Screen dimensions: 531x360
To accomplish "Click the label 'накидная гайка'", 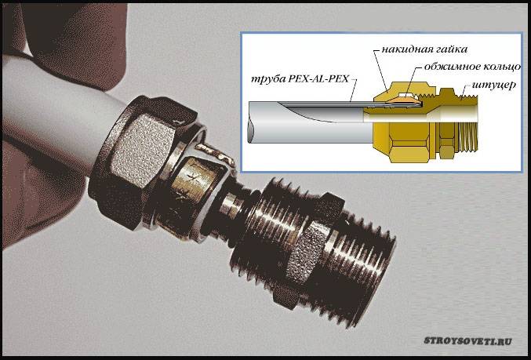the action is [x=424, y=49].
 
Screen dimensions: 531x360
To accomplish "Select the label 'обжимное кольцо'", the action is [x=472, y=67].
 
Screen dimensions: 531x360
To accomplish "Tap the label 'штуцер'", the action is [x=494, y=85].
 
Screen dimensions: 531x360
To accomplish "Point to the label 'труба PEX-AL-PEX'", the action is [x=300, y=80].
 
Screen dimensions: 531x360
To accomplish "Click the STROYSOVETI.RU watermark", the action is [x=467, y=340].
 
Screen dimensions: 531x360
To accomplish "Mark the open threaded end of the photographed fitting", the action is [x=366, y=267].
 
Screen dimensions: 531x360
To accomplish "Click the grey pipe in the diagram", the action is [x=308, y=122].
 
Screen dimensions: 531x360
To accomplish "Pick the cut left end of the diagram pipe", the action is [x=251, y=122].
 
